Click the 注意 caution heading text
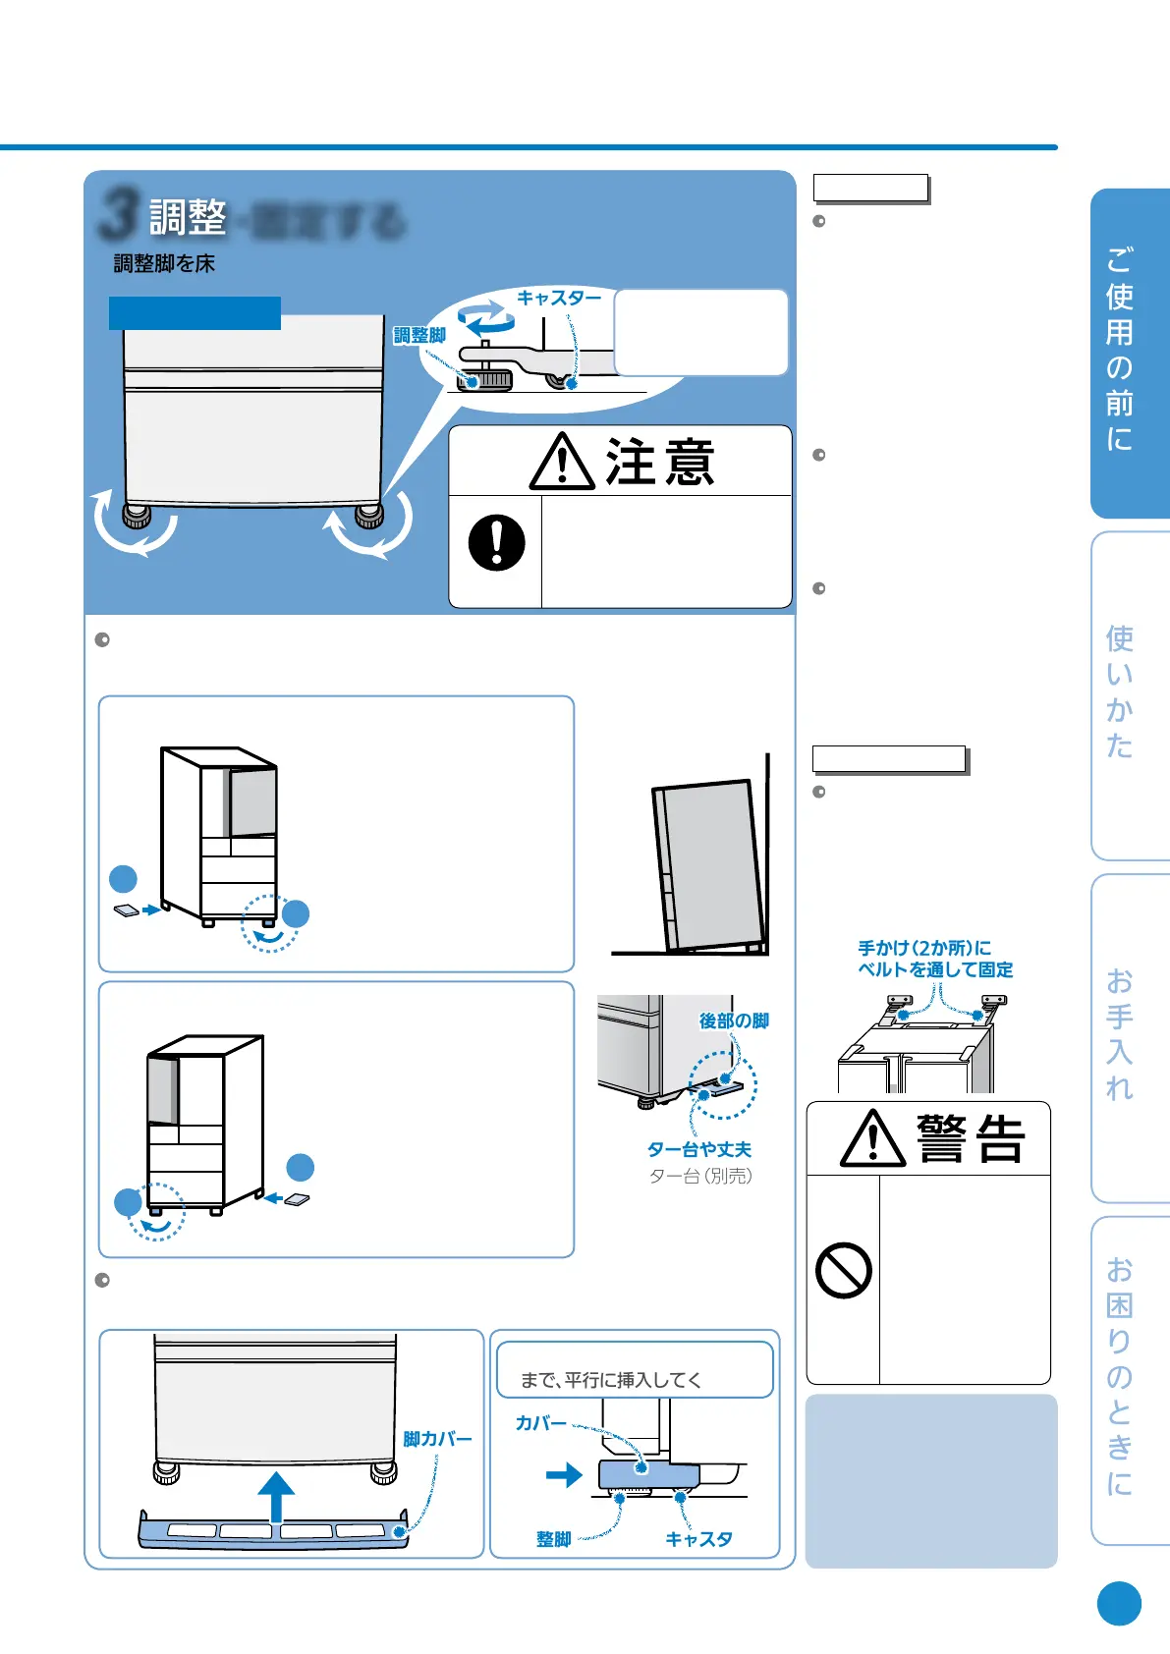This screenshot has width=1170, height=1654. click(659, 463)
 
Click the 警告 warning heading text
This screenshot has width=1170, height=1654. click(971, 1139)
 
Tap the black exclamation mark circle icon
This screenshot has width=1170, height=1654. click(497, 543)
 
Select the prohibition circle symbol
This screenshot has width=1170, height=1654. click(844, 1271)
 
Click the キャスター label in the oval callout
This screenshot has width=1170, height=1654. click(559, 298)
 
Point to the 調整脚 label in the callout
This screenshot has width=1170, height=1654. click(419, 336)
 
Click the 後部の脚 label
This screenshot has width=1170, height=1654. click(734, 1021)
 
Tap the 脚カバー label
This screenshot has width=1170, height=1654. click(437, 1440)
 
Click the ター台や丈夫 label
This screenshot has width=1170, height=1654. click(699, 1150)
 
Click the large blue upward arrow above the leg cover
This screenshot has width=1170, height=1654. click(277, 1497)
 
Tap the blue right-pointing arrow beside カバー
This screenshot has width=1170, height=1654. click(564, 1475)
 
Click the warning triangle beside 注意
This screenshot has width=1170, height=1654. click(562, 463)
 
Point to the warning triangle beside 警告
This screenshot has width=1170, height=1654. click(872, 1139)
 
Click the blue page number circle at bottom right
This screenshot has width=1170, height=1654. click(1119, 1604)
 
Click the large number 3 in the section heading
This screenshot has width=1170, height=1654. click(118, 215)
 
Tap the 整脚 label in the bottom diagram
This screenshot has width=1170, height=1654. click(554, 1539)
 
